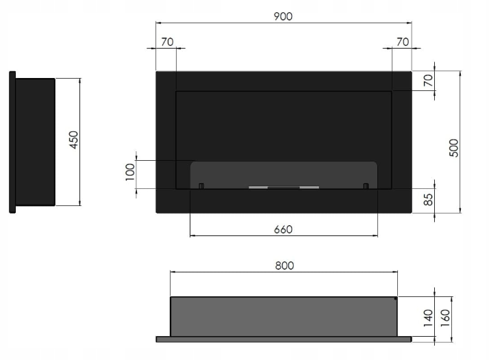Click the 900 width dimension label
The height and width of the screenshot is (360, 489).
[283, 16]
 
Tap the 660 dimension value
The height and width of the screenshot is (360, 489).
[283, 230]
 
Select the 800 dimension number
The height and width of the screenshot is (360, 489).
[284, 266]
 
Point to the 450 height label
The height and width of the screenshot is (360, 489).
[73, 140]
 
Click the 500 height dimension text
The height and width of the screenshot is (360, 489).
[454, 148]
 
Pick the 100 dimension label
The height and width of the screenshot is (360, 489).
[130, 172]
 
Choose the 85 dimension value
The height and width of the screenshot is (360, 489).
[429, 199]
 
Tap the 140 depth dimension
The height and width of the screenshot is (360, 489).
[428, 318]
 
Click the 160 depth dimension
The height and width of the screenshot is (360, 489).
[445, 318]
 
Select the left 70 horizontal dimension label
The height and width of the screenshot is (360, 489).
[167, 42]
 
